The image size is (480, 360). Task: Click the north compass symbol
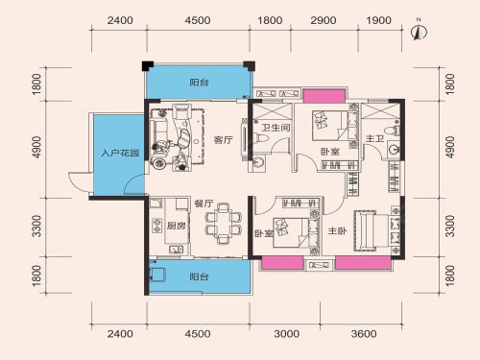pyautogui.click(x=419, y=32)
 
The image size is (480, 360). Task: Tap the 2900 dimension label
pyautogui.click(x=324, y=20)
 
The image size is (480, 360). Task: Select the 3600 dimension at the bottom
pyautogui.click(x=364, y=334)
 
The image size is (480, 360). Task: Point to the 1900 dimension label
pyautogui.click(x=379, y=20)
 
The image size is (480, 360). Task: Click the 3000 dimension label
pyautogui.click(x=287, y=334)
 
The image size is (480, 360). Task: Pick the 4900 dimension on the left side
pyautogui.click(x=37, y=147)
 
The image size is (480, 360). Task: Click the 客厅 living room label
pyautogui.click(x=223, y=140)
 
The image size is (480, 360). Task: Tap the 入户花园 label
pyautogui.click(x=120, y=153)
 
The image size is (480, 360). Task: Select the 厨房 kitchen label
pyautogui.click(x=177, y=226)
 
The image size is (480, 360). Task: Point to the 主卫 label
pyautogui.click(x=375, y=138)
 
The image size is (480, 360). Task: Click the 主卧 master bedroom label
pyautogui.click(x=337, y=230)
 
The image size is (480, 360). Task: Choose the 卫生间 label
pyautogui.click(x=276, y=128)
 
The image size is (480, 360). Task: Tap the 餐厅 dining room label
pyautogui.click(x=204, y=204)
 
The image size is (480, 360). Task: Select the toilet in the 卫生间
pyautogui.click(x=260, y=138)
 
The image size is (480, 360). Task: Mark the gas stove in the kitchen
pyautogui.click(x=157, y=226)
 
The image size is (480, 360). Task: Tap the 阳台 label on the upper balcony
pyautogui.click(x=199, y=83)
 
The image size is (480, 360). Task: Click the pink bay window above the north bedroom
pyautogui.click(x=324, y=96)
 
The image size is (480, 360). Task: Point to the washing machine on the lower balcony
pyautogui.click(x=157, y=275)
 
